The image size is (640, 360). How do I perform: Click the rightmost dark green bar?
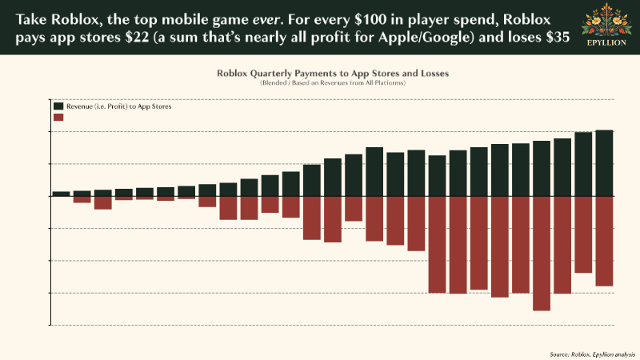[x=604, y=162]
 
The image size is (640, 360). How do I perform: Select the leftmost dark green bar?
[x=61, y=194]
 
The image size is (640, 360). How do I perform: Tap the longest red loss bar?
[x=542, y=253]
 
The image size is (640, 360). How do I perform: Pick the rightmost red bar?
[x=604, y=241]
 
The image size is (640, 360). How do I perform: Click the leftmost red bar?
[x=82, y=199]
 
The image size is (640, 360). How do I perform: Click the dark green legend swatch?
[x=58, y=106]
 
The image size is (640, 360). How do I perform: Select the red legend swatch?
[x=58, y=117]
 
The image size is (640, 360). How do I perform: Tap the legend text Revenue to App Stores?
[x=119, y=106]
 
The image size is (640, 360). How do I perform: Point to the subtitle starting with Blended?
[x=332, y=82]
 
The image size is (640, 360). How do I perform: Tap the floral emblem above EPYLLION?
[x=605, y=22]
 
